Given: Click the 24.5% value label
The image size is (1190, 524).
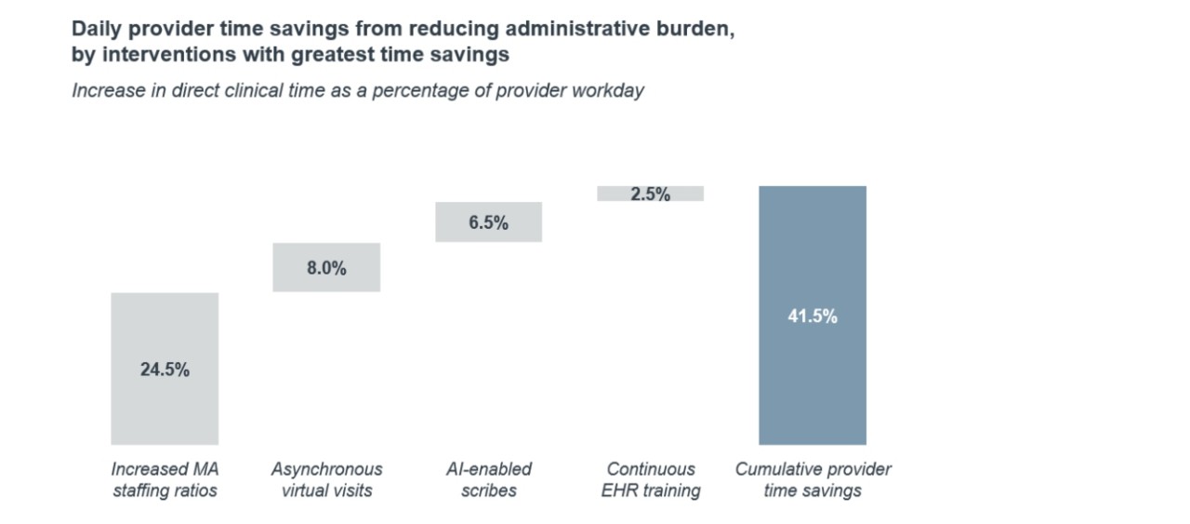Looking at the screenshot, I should coord(165,369).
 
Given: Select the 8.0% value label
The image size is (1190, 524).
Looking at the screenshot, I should coord(326,268).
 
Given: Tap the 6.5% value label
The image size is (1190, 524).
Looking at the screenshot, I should coord(488,222).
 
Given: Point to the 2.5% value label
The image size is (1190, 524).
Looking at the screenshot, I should coord(650,195).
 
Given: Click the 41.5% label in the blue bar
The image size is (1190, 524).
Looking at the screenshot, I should coord(813,316).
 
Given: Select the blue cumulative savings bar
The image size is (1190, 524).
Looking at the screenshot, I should coord(813,391).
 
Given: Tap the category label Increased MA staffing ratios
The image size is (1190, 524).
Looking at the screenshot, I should coord(165,479).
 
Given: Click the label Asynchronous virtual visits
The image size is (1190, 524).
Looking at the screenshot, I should coord(326,479).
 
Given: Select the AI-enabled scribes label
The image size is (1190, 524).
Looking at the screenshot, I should coord(488,479).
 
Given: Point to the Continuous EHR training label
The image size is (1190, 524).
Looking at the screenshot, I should coord(650,479).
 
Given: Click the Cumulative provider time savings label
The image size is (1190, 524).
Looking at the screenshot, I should coord(813,479).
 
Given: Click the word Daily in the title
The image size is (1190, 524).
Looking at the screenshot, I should coord(94,29).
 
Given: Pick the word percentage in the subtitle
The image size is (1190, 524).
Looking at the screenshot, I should coord(425,92).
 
